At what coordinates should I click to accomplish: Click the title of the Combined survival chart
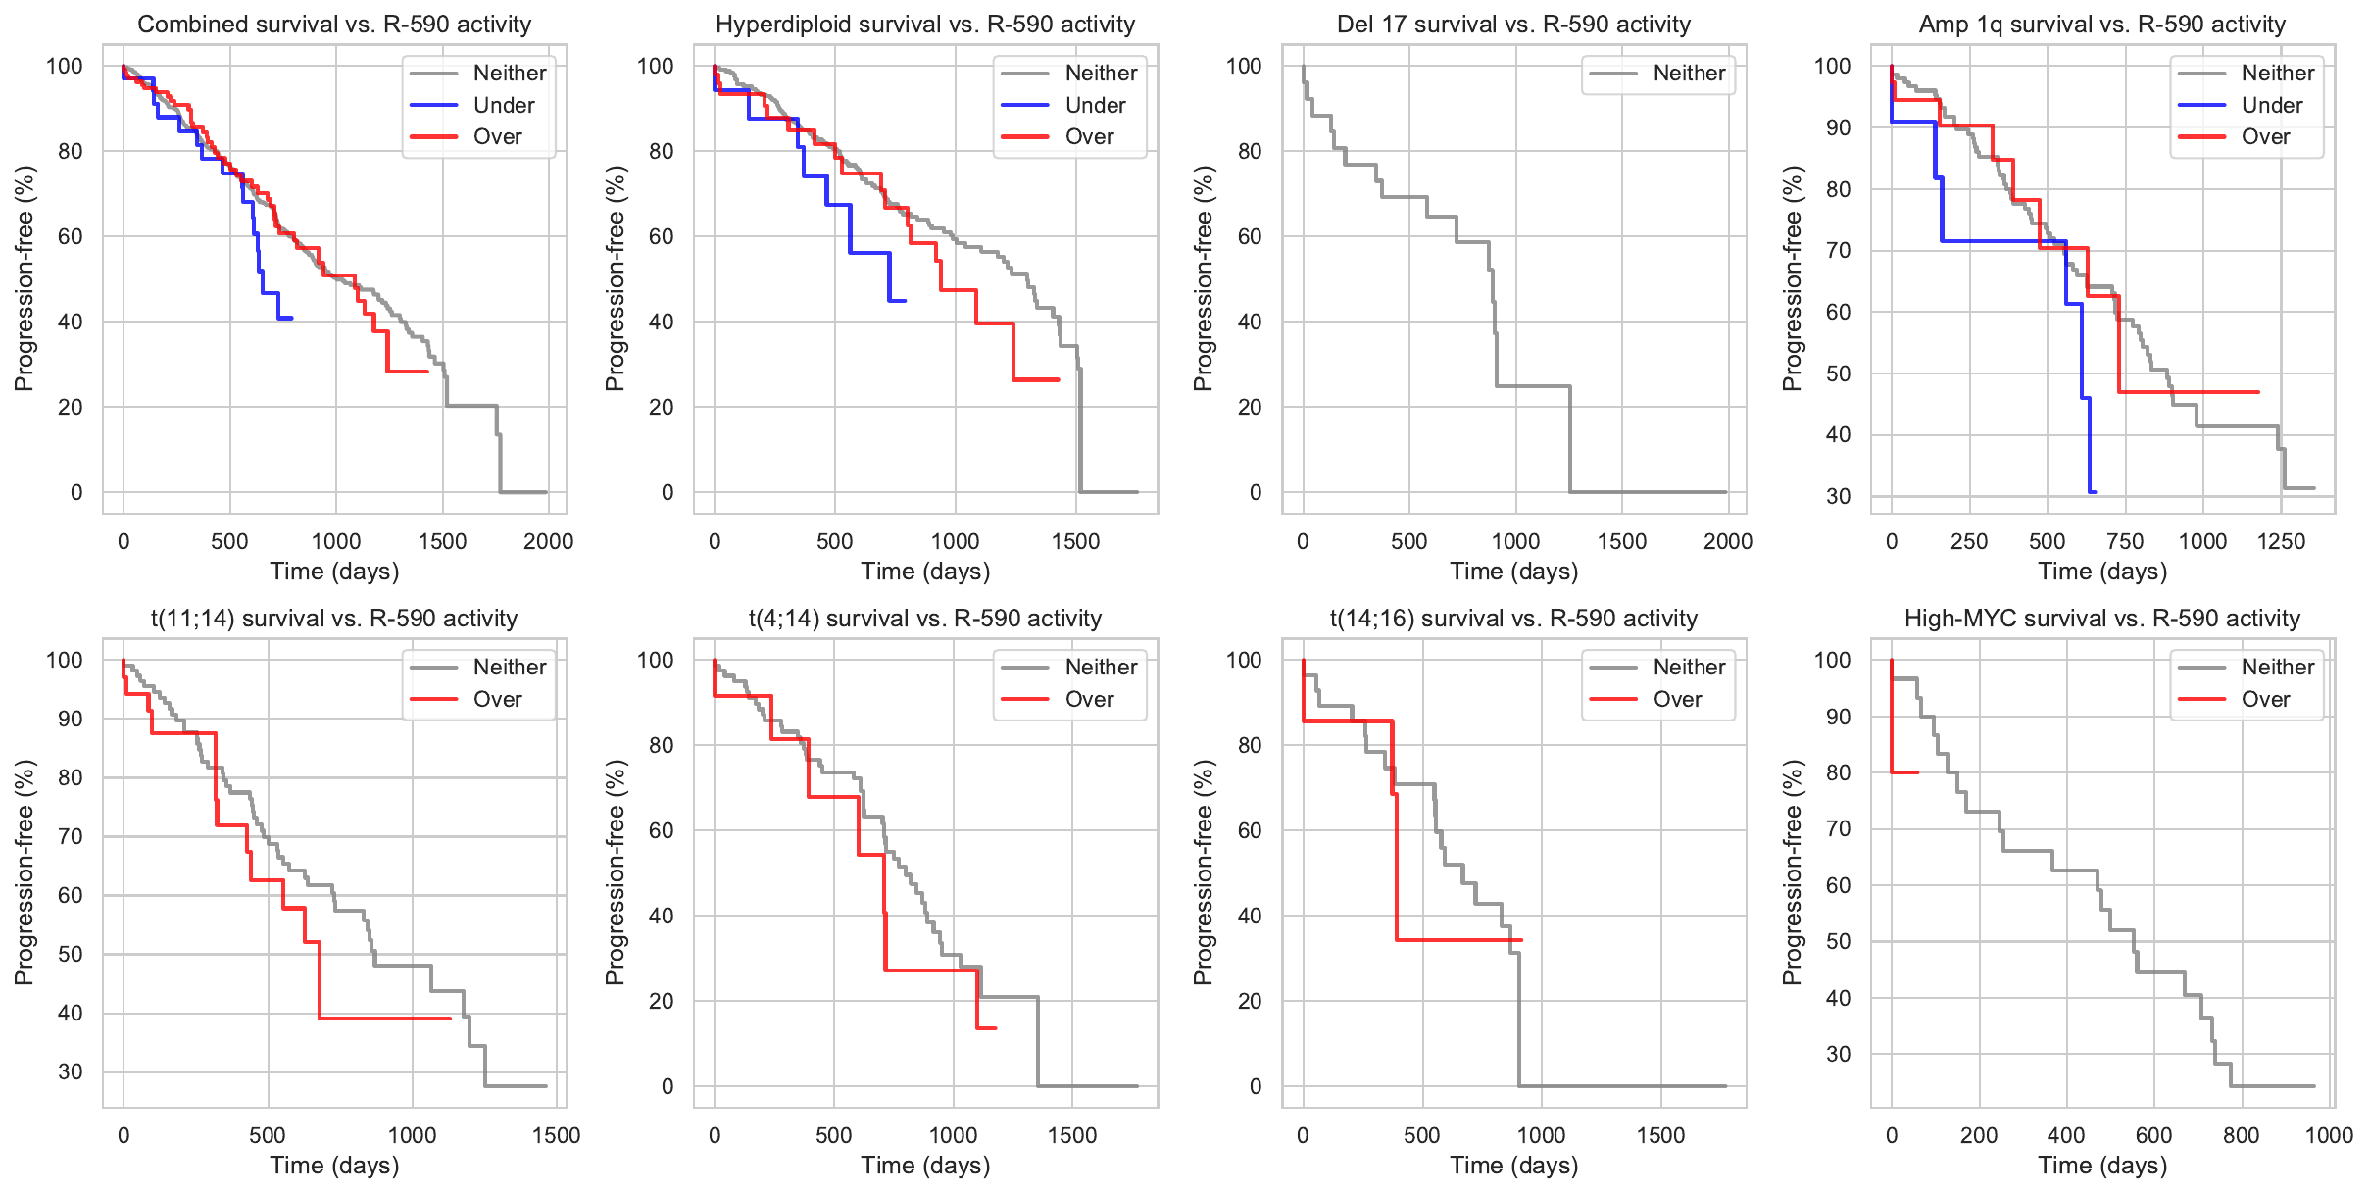click(x=334, y=25)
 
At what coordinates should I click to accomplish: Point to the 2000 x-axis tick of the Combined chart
click(x=548, y=541)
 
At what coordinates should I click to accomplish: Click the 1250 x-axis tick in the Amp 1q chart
click(x=2281, y=541)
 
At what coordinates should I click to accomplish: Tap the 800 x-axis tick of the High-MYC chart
click(x=2241, y=1135)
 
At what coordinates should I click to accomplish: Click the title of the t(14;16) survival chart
click(x=1513, y=619)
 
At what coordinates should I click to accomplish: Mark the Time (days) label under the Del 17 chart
click(x=1513, y=572)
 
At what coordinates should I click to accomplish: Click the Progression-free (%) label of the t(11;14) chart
click(x=25, y=872)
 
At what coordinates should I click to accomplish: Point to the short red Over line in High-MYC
click(x=1903, y=772)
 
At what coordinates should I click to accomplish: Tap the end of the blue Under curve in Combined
click(x=291, y=318)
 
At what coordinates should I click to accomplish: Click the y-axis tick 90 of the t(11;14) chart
click(x=71, y=719)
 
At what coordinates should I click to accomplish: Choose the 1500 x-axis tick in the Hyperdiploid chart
click(x=1075, y=541)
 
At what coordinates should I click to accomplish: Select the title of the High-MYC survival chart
click(x=2101, y=619)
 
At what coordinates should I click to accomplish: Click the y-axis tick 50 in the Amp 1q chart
click(x=1839, y=373)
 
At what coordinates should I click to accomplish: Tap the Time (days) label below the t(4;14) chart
click(x=925, y=1166)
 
